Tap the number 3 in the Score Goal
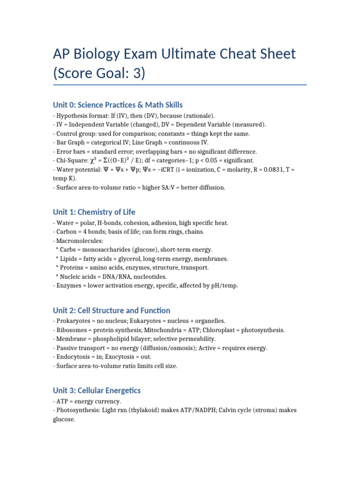[136, 74]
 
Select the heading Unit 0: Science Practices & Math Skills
[118, 105]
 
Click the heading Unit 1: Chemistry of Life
[94, 212]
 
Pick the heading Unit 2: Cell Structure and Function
[112, 310]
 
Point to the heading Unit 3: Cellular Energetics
[97, 390]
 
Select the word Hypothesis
[73, 115]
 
